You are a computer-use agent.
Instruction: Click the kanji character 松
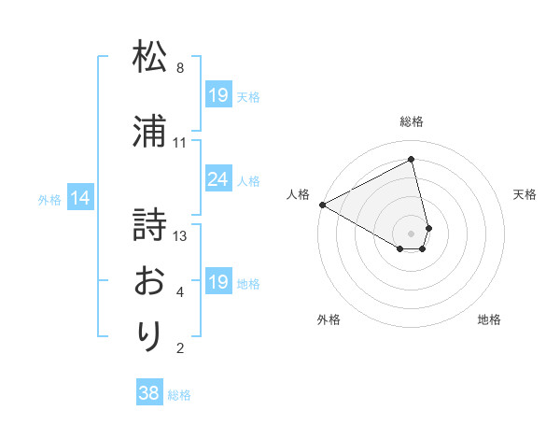click(150, 58)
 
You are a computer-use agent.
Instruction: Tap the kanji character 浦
click(150, 133)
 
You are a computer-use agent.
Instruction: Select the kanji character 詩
click(150, 225)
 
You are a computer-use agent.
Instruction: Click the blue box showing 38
click(148, 393)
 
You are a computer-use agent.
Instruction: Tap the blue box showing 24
click(218, 179)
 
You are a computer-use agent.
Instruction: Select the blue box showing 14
click(79, 198)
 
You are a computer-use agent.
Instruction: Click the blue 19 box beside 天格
click(218, 95)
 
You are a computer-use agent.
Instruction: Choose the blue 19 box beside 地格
click(218, 282)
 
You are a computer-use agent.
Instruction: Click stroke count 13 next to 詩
click(181, 236)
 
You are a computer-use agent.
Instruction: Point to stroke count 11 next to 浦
click(180, 143)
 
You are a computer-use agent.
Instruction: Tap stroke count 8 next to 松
click(180, 68)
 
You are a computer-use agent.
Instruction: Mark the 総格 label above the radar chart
click(412, 121)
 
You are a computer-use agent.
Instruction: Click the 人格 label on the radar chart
click(299, 194)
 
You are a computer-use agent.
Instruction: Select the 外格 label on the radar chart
click(329, 319)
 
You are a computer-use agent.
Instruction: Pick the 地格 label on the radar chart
click(489, 319)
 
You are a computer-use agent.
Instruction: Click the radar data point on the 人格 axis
click(322, 205)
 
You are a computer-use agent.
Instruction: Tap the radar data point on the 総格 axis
click(412, 159)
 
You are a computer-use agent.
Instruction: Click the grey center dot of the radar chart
click(412, 232)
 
